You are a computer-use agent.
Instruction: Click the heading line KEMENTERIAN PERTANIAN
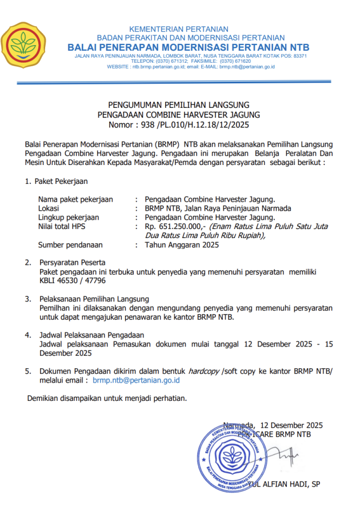click(179, 29)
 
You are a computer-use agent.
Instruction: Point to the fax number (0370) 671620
click(235, 62)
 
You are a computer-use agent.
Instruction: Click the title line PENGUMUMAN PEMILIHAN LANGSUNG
click(179, 105)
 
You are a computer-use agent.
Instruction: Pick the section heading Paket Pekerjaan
click(61, 182)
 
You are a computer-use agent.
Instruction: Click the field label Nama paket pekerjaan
click(75, 199)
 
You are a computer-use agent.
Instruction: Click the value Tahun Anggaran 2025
click(182, 245)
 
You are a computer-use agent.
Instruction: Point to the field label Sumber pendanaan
click(70, 245)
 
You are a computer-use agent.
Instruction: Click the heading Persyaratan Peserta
click(75, 263)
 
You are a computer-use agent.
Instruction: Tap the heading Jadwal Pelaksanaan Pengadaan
click(91, 335)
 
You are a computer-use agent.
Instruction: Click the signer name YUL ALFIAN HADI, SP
click(284, 485)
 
